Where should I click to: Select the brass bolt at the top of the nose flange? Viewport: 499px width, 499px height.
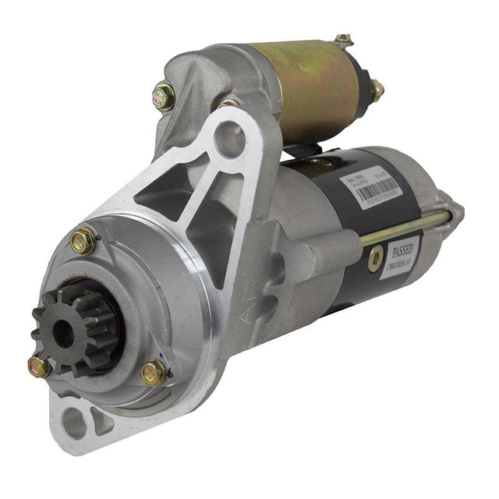(82, 241)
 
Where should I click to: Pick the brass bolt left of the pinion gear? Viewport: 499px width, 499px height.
(39, 365)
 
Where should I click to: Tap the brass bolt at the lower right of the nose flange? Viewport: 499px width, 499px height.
(154, 372)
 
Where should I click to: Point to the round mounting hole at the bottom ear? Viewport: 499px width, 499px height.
(76, 423)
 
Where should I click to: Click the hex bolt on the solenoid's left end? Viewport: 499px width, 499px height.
(164, 97)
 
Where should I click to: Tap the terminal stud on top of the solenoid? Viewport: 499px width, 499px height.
(343, 41)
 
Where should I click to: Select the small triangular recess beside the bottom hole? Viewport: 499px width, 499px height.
(102, 422)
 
